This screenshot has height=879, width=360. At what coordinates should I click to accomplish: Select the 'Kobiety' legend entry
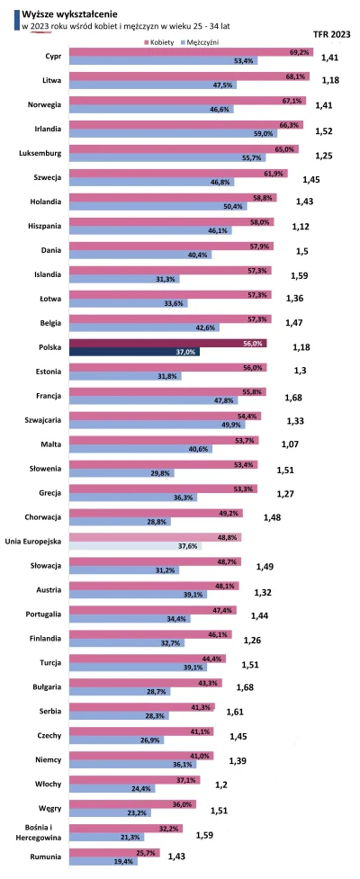[x=161, y=42]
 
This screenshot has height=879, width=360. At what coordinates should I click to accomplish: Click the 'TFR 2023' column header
[x=331, y=34]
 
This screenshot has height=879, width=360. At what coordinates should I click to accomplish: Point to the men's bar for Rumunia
[x=102, y=861]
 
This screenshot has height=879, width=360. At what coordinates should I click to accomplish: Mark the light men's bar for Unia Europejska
[x=136, y=545]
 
